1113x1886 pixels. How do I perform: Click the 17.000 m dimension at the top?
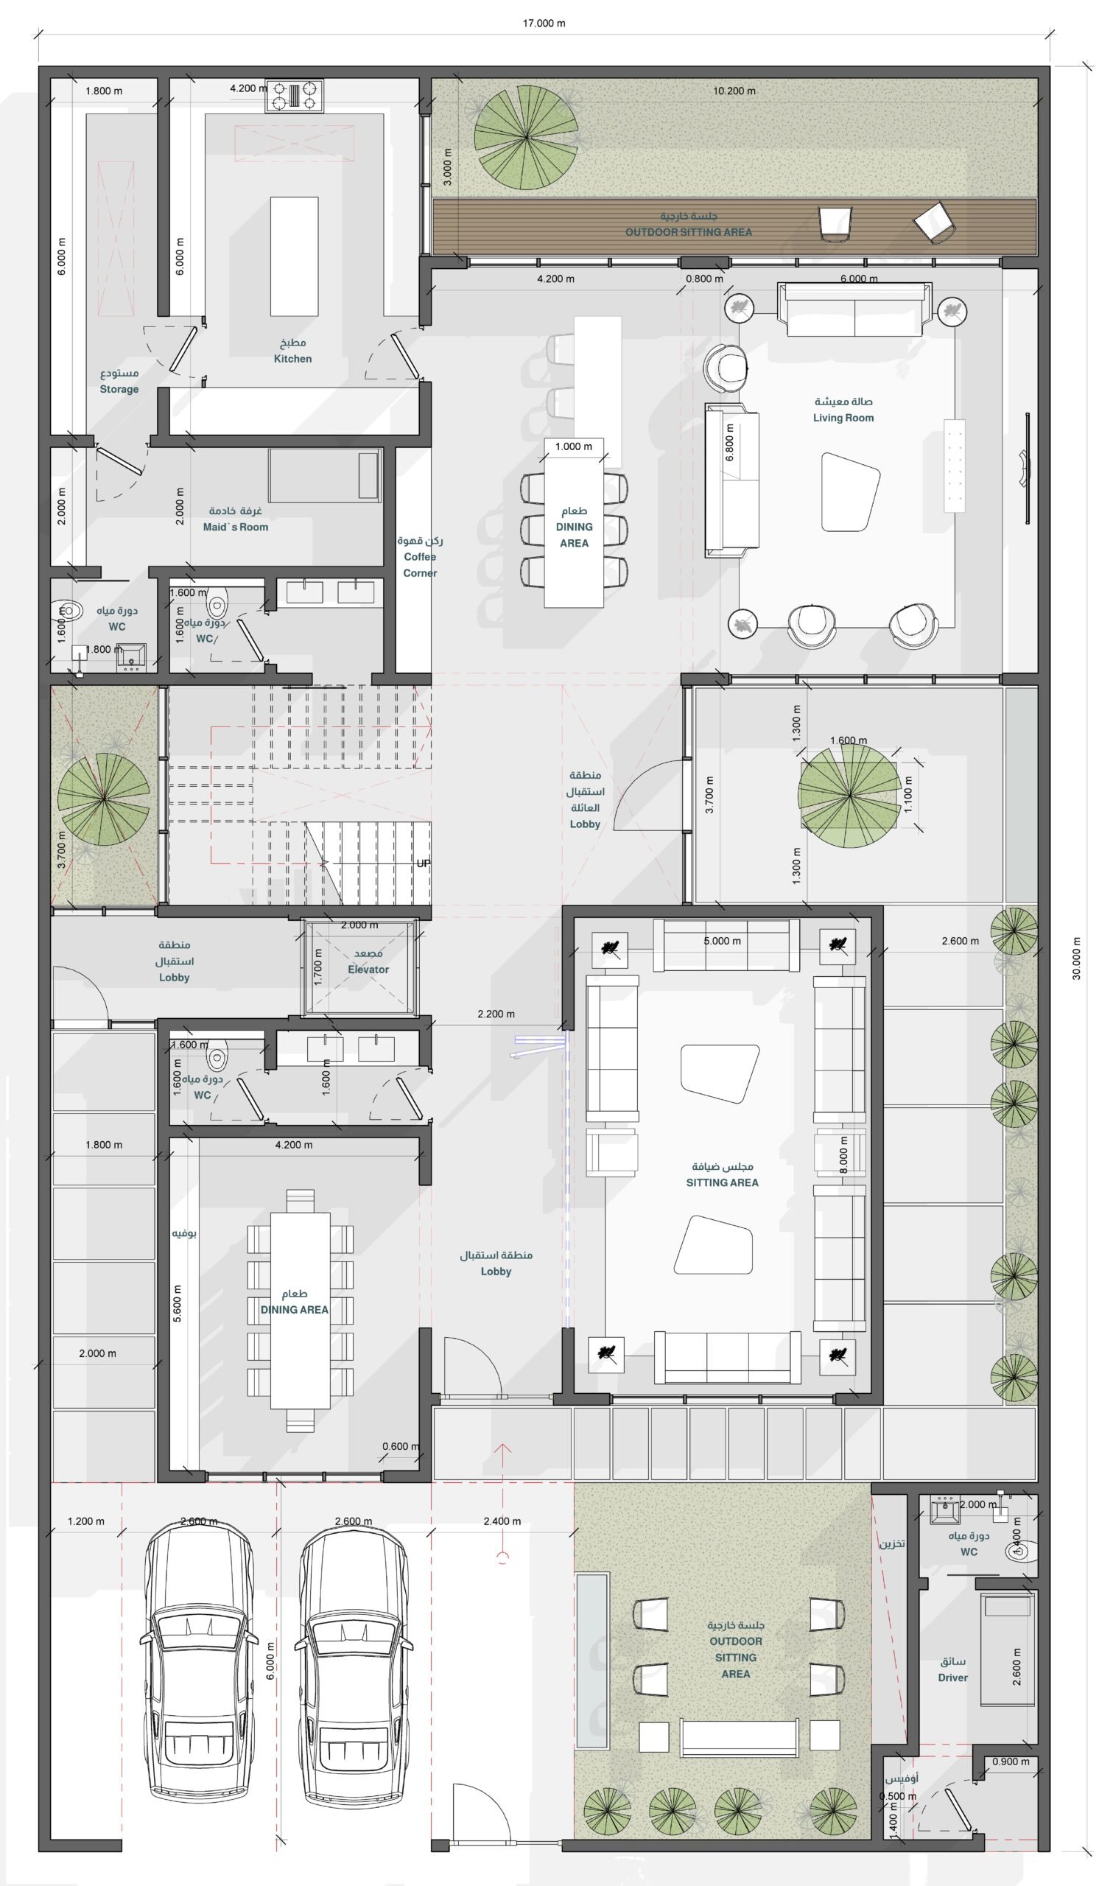(x=544, y=24)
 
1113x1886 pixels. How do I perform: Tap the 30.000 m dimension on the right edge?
(x=1076, y=958)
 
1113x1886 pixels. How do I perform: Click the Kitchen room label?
(x=292, y=359)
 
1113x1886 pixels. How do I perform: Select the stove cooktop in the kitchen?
(x=294, y=96)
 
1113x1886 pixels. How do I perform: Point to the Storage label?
(x=119, y=389)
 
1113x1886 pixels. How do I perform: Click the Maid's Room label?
(x=236, y=527)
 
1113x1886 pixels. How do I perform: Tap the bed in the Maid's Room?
(x=326, y=475)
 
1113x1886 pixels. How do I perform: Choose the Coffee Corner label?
(x=420, y=564)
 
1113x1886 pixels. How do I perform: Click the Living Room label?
(x=843, y=418)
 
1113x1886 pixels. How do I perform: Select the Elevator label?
(x=368, y=970)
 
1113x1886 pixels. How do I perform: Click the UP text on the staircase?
(x=423, y=863)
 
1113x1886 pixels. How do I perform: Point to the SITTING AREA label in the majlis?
(x=723, y=1182)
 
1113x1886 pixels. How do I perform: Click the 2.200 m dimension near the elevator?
(x=496, y=1014)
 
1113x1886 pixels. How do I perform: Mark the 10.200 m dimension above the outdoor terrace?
(x=734, y=91)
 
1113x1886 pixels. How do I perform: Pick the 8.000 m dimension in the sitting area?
(x=843, y=1155)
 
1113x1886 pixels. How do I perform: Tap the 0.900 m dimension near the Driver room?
(x=1011, y=1761)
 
